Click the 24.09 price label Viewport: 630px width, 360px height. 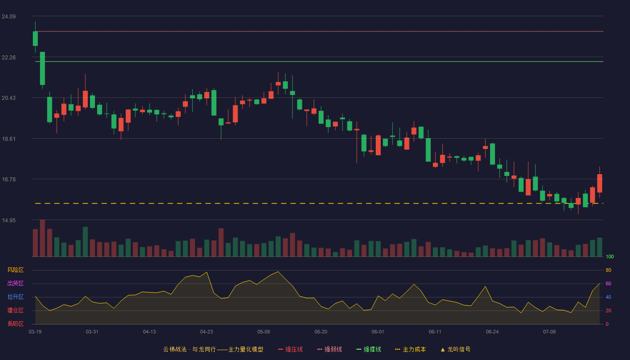pos(9,17)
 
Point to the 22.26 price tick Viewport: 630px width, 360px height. pos(9,58)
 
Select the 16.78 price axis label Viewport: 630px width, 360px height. pos(9,180)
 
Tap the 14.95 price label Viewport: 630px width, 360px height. pos(9,220)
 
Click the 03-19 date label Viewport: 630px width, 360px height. pos(35,332)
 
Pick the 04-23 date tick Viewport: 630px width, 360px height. pos(207,332)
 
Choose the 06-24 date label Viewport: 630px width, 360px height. pos(492,332)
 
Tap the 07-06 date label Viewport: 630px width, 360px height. pos(549,332)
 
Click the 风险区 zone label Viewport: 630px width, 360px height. pos(15,270)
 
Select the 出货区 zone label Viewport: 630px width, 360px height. pos(15,283)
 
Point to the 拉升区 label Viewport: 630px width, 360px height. pos(15,297)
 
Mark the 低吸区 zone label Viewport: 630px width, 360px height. pos(15,324)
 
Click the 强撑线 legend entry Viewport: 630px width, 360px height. pos(369,349)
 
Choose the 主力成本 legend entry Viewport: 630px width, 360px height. pos(410,349)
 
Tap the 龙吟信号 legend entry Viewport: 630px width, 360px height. pos(455,349)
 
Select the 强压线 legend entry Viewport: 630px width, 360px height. pos(290,349)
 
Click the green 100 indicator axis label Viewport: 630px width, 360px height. pos(610,256)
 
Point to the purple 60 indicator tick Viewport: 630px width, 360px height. pos(608,283)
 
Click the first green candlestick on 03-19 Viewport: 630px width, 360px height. pos(35,39)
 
